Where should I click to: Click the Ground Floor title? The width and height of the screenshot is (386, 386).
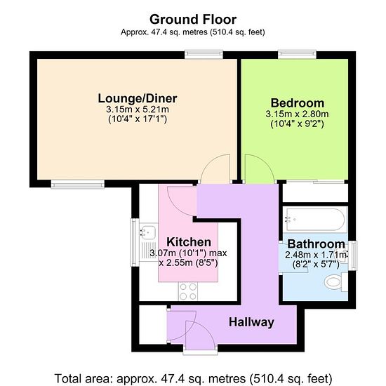[x=193, y=20]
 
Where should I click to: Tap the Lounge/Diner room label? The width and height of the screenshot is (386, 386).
[x=138, y=98]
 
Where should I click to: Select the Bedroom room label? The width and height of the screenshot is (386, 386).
[x=298, y=103]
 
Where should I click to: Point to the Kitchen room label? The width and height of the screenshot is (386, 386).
[x=189, y=242]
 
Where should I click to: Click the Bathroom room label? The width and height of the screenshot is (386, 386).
[x=316, y=244]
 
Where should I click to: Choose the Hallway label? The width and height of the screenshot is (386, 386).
[x=251, y=322]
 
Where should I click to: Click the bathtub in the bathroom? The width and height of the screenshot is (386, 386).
[x=315, y=220]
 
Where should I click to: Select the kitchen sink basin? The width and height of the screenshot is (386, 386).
[x=148, y=232]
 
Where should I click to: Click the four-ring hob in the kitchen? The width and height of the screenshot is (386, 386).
[x=188, y=291]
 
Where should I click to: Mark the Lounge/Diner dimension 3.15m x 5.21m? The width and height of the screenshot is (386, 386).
[x=138, y=109]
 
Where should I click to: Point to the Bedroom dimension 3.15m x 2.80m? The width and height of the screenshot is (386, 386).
[x=297, y=114]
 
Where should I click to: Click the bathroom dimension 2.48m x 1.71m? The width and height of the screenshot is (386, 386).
[x=316, y=255]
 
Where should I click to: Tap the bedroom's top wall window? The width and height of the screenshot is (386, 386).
[x=297, y=54]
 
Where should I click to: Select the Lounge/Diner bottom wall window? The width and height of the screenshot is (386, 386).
[x=78, y=184]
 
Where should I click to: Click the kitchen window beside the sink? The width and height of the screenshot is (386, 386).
[x=135, y=243]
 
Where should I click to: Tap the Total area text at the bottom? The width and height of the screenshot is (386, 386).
[x=193, y=378]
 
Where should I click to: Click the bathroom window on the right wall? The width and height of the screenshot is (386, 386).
[x=354, y=255]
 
